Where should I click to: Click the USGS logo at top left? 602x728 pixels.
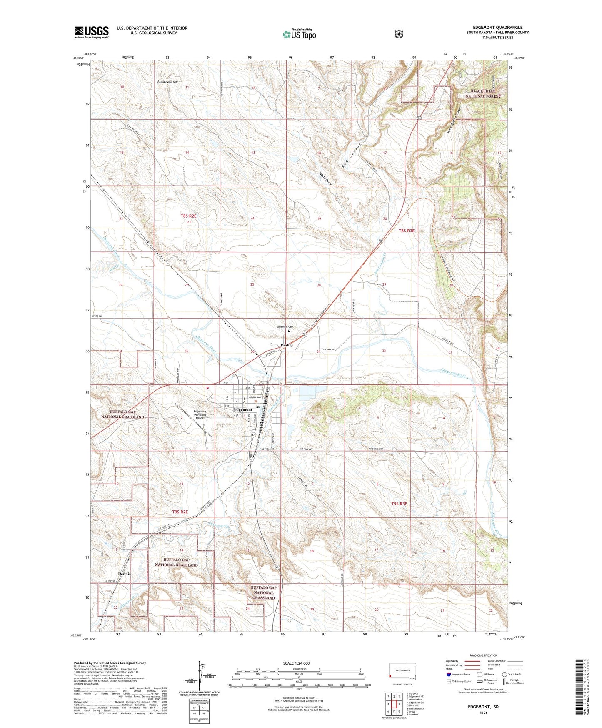[x=92, y=32]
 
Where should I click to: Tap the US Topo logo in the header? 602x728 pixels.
[x=299, y=34]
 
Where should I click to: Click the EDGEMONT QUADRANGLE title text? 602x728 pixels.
[x=495, y=28]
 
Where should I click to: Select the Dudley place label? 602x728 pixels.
[x=287, y=345]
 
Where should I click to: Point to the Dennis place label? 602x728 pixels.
[x=124, y=574]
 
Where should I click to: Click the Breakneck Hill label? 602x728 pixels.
[x=167, y=82]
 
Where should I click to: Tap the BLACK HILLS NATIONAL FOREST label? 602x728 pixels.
[x=483, y=93]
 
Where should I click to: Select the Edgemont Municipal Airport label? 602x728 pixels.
[x=200, y=414]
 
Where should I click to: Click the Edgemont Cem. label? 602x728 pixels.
[x=285, y=327]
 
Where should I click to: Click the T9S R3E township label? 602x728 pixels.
[x=399, y=504]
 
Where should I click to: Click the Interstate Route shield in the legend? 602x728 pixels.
[x=448, y=674]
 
